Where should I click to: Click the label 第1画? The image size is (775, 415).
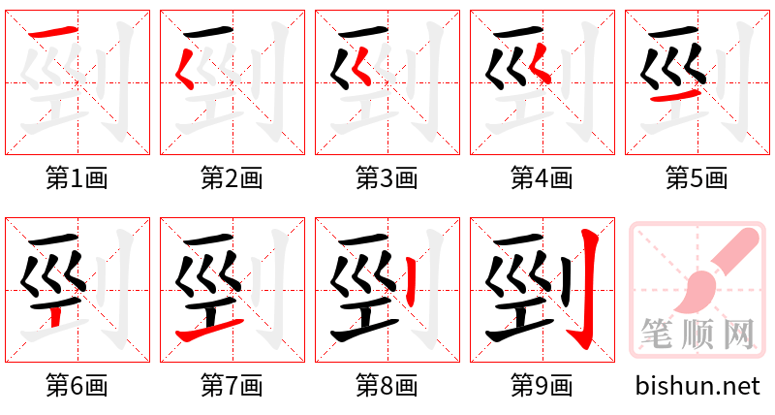click(x=77, y=177)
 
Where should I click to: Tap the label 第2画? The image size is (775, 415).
click(x=232, y=177)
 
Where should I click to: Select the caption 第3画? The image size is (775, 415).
click(x=387, y=177)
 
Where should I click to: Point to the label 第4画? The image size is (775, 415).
click(x=542, y=177)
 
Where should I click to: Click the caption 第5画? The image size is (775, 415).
click(x=697, y=177)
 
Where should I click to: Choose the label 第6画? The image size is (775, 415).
click(x=77, y=386)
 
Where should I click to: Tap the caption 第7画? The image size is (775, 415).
click(x=232, y=386)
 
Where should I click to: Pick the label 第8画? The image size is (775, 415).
click(x=387, y=386)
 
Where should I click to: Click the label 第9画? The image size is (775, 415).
click(x=542, y=386)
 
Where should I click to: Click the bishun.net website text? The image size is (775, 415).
click(x=697, y=386)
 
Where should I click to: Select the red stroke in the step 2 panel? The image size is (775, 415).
click(x=186, y=69)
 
